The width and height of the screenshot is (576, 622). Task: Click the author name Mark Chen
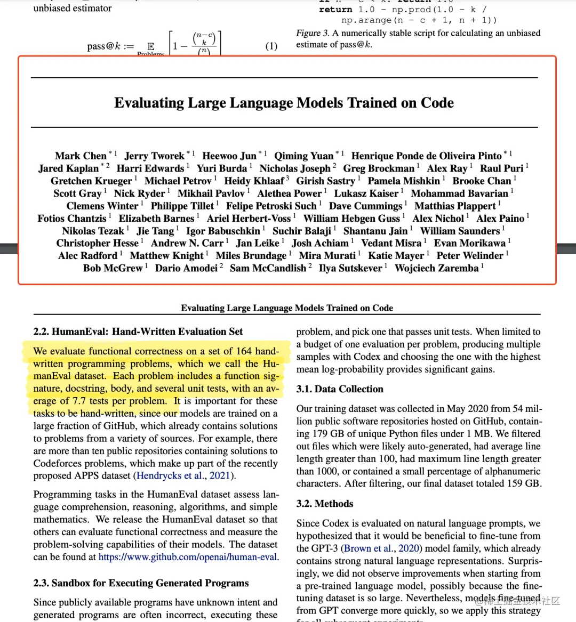coord(81,156)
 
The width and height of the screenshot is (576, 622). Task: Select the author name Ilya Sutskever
coord(350,268)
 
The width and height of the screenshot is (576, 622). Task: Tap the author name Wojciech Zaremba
coord(436,268)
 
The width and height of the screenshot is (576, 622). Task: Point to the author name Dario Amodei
coord(186,268)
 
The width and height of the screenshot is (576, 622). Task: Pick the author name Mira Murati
coord(327,256)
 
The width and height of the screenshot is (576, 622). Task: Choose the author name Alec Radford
coord(87,256)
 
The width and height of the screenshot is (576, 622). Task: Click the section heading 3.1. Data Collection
coord(340,389)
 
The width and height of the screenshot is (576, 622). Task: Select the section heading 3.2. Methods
coord(325,504)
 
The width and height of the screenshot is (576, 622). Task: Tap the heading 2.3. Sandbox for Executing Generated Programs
coord(141,583)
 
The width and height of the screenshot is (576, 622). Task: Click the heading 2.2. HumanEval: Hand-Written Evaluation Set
coord(138,332)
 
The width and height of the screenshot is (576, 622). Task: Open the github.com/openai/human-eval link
coord(188,557)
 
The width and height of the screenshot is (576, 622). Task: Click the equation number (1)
coord(271,46)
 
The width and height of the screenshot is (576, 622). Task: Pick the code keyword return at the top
coord(335,10)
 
